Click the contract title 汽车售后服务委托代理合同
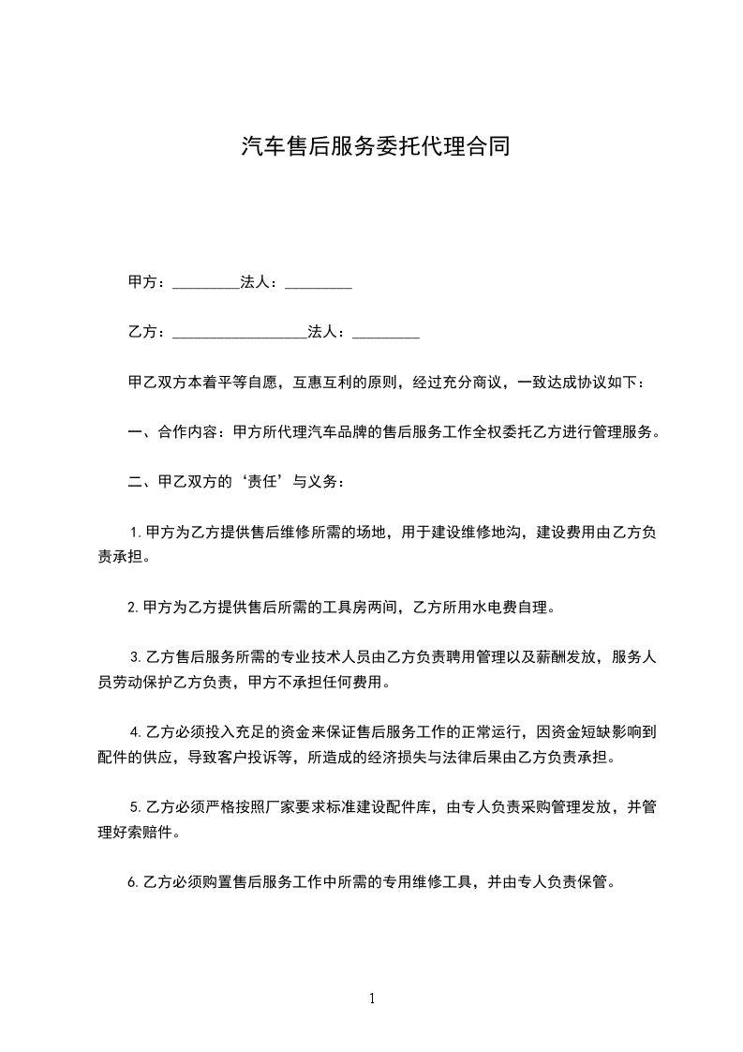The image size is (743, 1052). [375, 146]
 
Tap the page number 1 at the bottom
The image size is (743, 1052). [372, 999]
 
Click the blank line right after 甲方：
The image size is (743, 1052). [206, 283]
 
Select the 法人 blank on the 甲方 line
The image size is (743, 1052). [318, 283]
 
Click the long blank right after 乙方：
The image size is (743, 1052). [240, 333]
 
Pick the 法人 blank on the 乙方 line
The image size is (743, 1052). [385, 333]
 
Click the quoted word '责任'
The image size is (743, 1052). [255, 483]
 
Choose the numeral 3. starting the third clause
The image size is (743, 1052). [135, 657]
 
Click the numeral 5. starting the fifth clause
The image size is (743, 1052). [135, 805]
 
